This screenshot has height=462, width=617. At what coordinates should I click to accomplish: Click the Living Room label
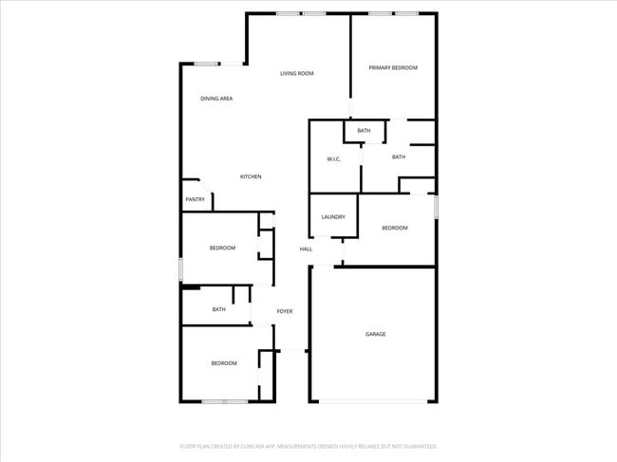pos(296,73)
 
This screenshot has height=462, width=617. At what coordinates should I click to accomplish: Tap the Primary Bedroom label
pos(393,67)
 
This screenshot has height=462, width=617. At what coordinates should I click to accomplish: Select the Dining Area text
pos(216,99)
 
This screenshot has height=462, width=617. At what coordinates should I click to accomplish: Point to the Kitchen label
pos(251,176)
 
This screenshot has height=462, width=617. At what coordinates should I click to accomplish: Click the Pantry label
pos(195,199)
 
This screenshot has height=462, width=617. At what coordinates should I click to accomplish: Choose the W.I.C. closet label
pos(334,158)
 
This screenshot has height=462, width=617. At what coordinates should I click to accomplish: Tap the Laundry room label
pos(332,217)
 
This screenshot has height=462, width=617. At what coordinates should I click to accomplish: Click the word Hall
pos(306,249)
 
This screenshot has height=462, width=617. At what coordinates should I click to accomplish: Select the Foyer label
pos(284,311)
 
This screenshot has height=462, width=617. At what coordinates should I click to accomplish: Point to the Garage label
pos(376,334)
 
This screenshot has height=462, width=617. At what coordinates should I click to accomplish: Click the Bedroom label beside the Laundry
pos(395,228)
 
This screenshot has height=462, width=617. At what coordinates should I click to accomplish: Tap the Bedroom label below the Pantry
pos(222,249)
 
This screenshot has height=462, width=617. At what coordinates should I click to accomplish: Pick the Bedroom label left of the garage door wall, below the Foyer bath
pos(224,363)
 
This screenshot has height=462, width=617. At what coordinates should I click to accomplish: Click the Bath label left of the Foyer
pos(218,309)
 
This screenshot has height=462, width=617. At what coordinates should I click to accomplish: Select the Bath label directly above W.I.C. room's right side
pos(364,130)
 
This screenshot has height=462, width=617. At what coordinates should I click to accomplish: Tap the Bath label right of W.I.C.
pos(399,157)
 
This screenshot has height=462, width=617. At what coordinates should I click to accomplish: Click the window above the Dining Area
pos(207,64)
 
